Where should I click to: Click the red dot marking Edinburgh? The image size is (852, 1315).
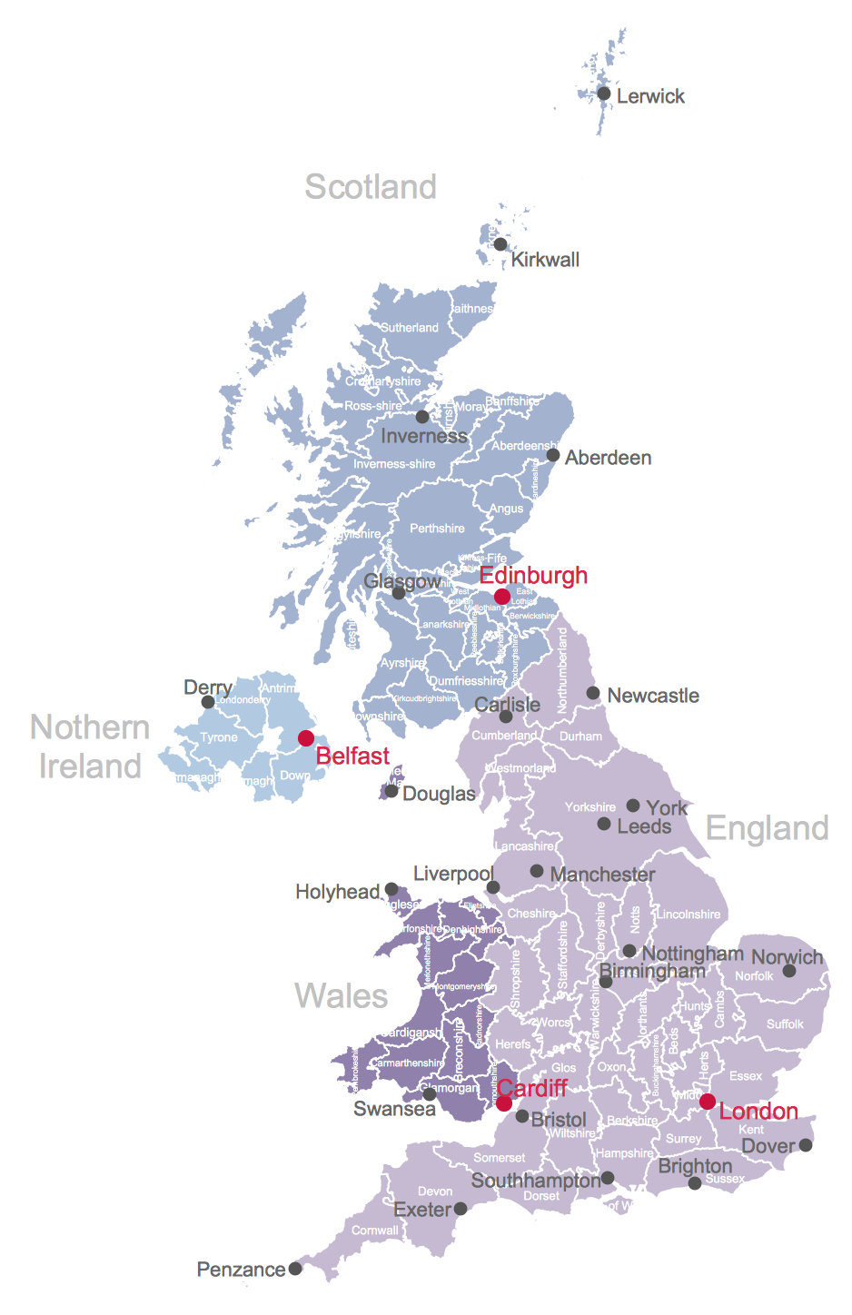click(501, 597)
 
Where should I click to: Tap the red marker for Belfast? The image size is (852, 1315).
click(306, 737)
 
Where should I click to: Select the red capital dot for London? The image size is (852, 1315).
click(708, 1102)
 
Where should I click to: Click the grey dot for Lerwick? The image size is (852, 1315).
click(604, 94)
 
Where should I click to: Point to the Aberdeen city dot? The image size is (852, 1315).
click(553, 455)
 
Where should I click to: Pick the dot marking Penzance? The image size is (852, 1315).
click(295, 1269)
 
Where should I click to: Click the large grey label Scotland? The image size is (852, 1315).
click(371, 187)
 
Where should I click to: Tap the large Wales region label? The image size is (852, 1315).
click(341, 996)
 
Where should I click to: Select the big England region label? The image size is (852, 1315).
click(767, 828)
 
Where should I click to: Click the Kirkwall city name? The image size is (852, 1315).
click(545, 260)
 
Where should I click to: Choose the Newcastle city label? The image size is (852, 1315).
click(653, 696)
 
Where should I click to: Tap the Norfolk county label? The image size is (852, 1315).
click(754, 976)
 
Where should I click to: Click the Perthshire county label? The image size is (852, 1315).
click(437, 529)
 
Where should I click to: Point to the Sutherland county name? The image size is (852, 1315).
click(409, 328)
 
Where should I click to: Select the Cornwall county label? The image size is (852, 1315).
click(375, 1231)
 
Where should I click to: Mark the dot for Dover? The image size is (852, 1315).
click(806, 1144)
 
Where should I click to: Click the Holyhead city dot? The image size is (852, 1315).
click(391, 890)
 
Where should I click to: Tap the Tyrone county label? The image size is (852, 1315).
click(219, 737)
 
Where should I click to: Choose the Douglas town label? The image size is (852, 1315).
click(439, 794)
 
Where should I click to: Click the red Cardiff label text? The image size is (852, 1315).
click(532, 1088)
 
